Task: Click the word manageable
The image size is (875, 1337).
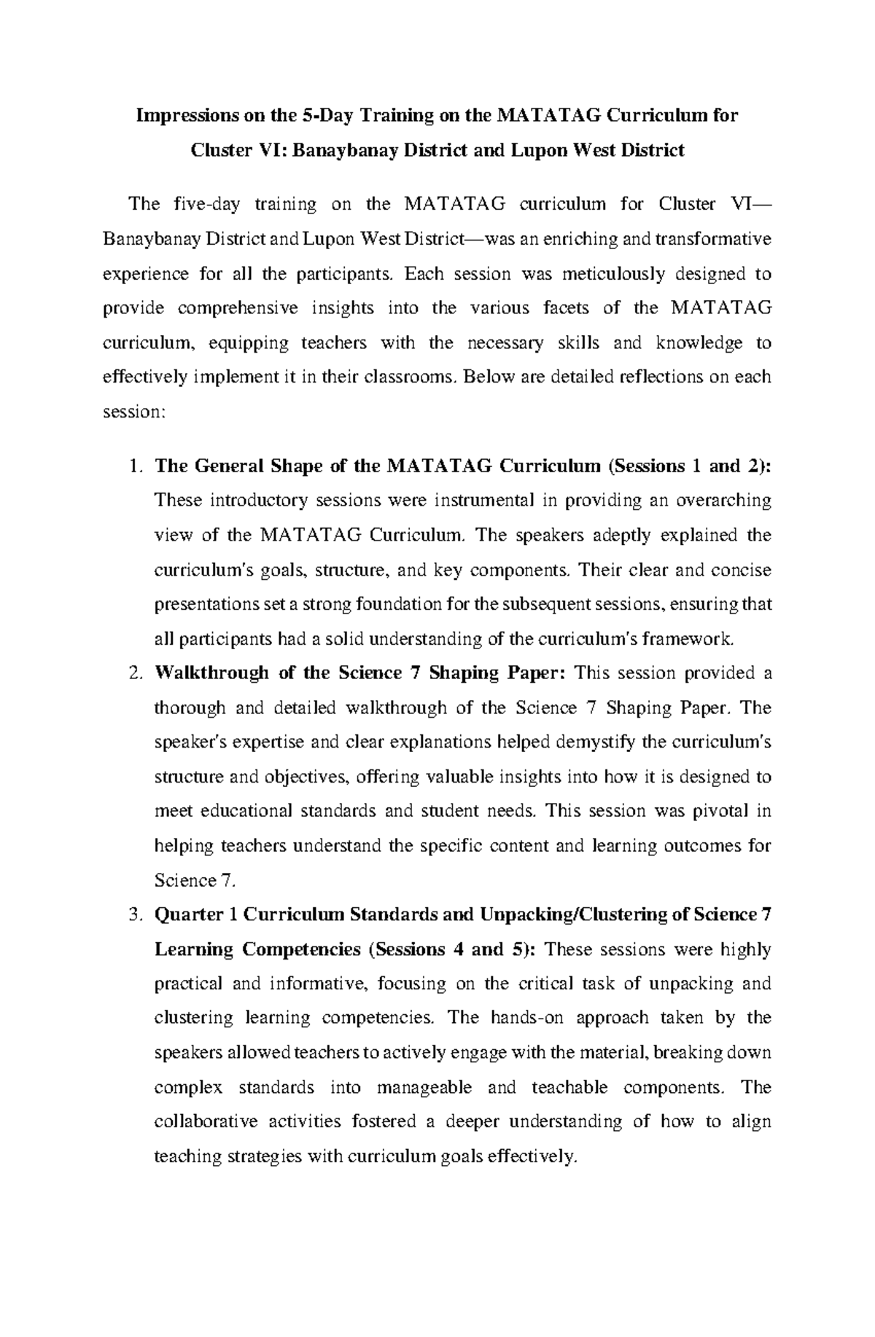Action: point(424,1088)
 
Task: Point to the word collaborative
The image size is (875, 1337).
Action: point(206,1122)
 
